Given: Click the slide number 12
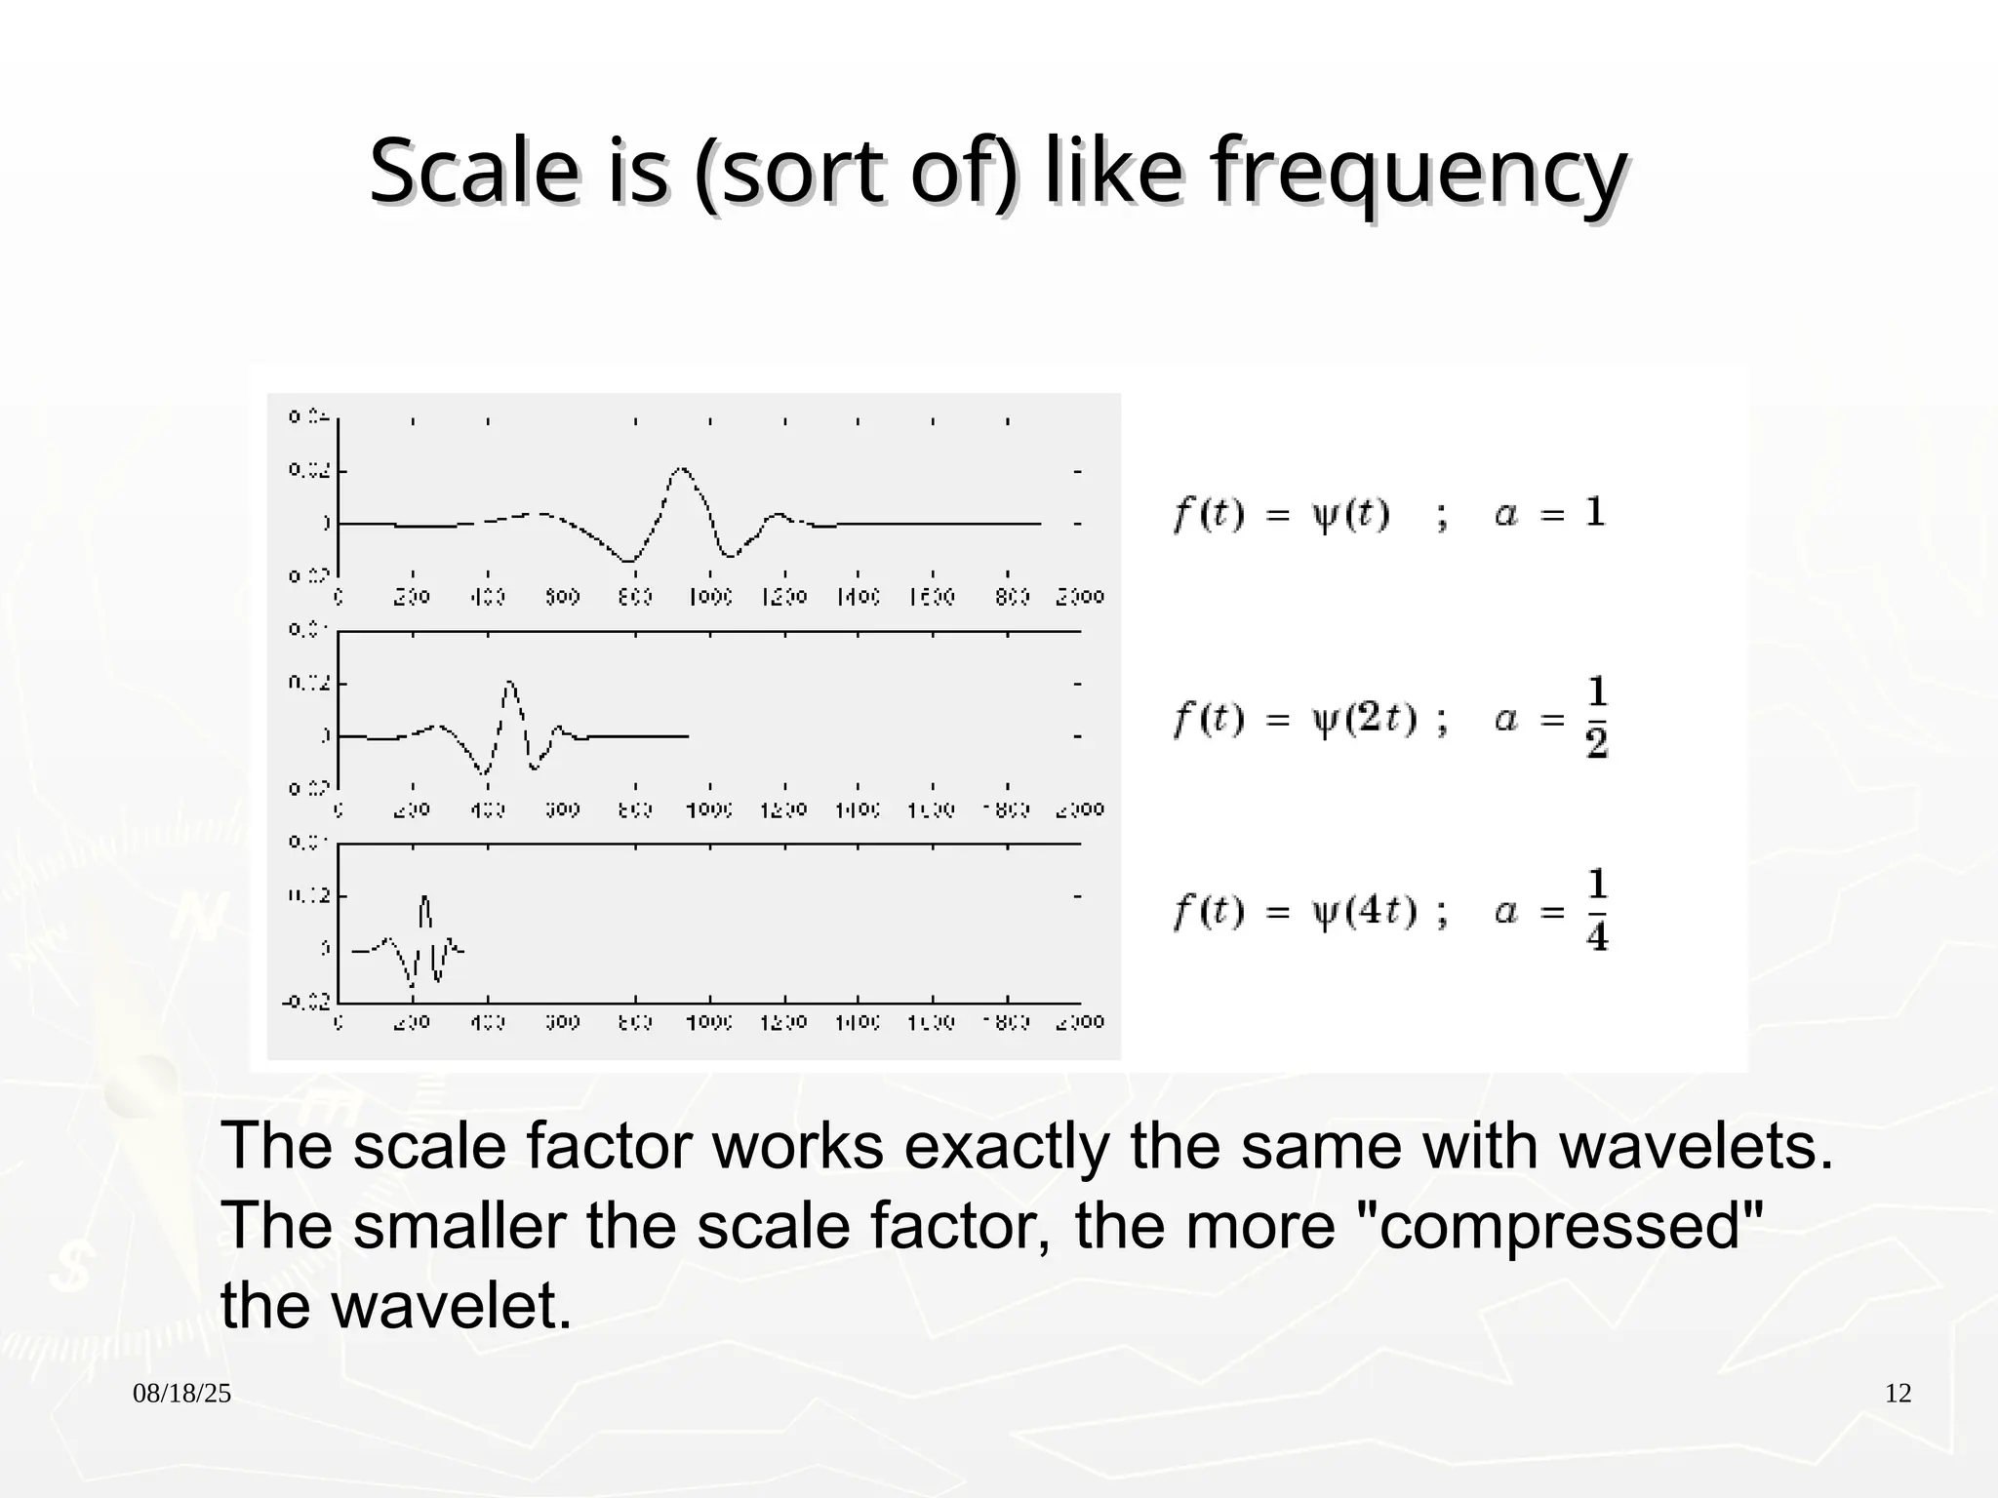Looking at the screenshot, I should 1898,1394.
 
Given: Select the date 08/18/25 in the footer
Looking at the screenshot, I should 182,1394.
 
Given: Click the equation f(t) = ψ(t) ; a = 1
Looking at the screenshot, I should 1388,514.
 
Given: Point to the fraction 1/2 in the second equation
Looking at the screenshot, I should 1596,719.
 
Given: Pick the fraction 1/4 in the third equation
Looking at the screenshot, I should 1596,911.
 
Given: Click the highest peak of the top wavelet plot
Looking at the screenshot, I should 681,470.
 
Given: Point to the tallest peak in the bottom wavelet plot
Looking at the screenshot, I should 424,897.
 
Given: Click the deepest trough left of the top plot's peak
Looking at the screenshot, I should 629,561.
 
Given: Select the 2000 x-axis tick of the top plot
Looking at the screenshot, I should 1080,597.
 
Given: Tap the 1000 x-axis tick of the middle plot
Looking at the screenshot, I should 709,809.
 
